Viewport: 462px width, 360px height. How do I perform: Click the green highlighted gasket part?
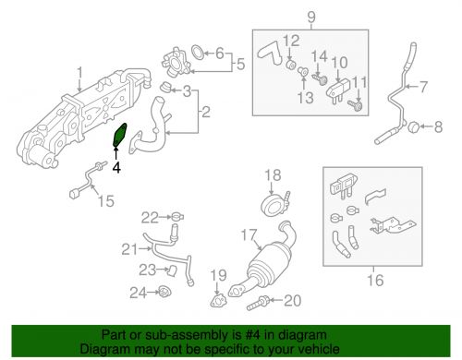point(120,135)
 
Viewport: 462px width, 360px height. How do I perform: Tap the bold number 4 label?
point(116,168)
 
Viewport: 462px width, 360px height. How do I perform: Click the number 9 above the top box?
point(311,18)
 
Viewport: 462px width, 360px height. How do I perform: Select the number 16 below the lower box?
point(375,281)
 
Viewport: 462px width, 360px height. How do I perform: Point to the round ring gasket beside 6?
point(198,53)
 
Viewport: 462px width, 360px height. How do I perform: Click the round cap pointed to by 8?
point(413,126)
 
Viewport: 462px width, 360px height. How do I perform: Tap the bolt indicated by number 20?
point(258,302)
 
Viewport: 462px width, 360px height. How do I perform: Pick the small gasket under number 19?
point(218,300)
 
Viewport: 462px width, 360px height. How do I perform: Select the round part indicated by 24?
point(164,292)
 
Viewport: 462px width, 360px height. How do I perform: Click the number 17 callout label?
point(249,235)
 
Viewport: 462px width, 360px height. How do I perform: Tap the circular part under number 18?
point(273,206)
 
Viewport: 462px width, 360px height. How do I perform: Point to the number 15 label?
point(106,201)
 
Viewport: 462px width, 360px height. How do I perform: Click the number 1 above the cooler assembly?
point(80,73)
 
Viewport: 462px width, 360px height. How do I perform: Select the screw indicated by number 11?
point(355,106)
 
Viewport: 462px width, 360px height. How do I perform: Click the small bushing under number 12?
point(291,65)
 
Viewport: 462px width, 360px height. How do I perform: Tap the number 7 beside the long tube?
point(424,87)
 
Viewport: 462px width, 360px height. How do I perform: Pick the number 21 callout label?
point(129,249)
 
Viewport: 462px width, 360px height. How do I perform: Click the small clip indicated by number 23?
point(172,271)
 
